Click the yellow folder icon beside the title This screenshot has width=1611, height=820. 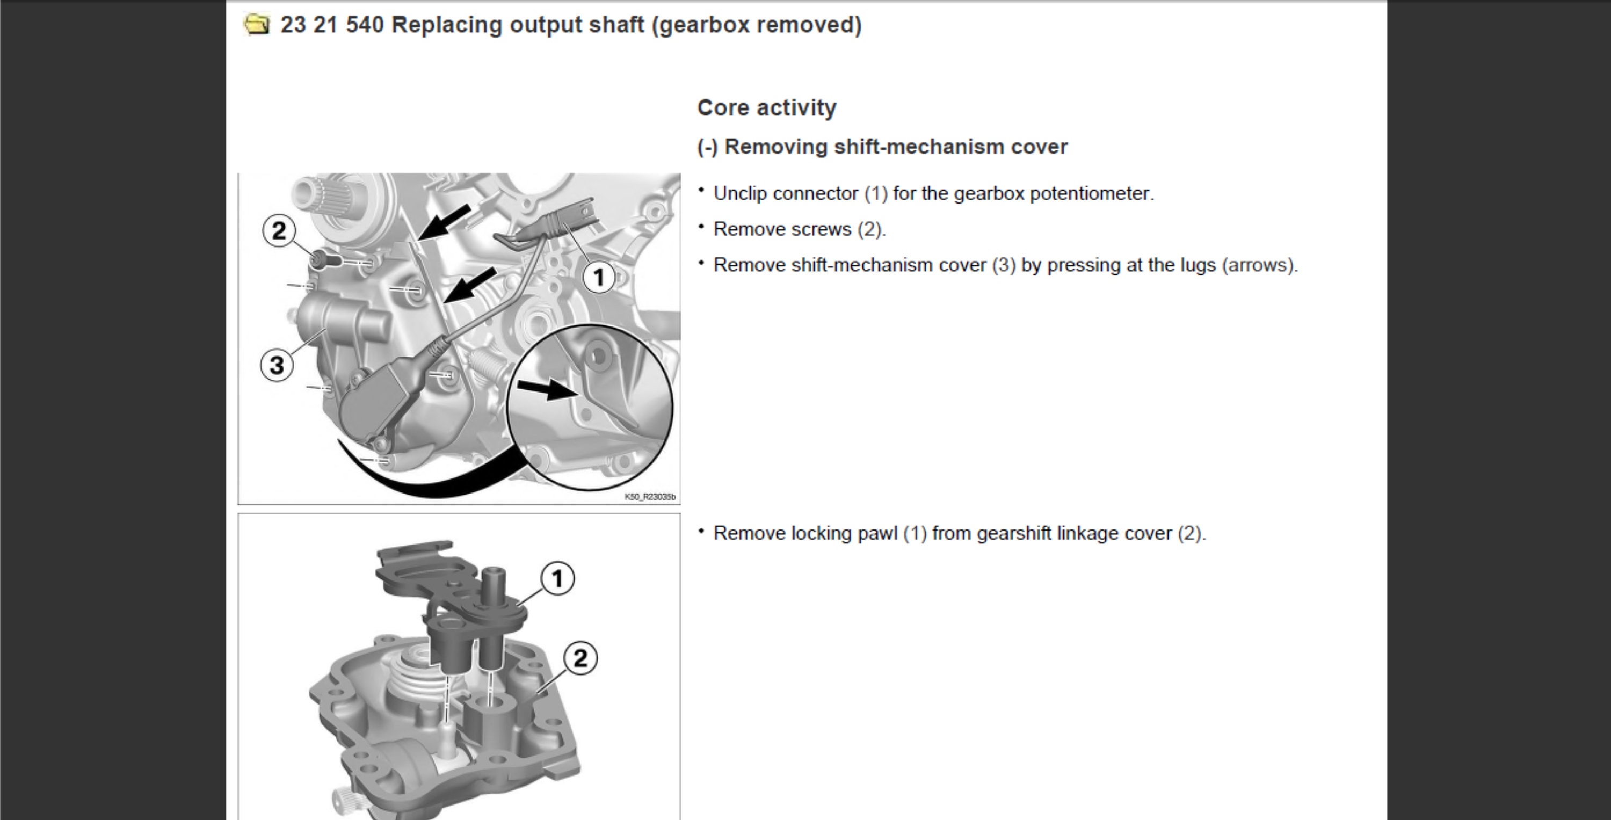pos(256,25)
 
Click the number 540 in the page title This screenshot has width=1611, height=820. pos(365,25)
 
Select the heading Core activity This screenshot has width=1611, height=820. pos(767,107)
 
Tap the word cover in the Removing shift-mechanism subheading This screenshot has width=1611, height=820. pos(1040,147)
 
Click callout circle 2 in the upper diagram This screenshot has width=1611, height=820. pos(279,230)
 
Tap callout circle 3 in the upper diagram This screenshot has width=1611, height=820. pos(277,365)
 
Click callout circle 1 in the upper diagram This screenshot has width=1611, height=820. pos(599,277)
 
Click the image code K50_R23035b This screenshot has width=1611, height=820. pos(650,497)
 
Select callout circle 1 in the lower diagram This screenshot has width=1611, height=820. pos(557,578)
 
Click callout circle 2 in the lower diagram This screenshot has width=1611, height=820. pos(580,658)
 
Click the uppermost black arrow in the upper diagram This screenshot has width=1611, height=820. pos(445,221)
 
